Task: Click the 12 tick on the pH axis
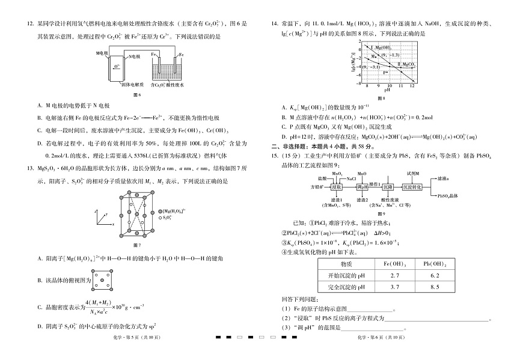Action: point(412,86)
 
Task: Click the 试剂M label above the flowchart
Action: point(413,172)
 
